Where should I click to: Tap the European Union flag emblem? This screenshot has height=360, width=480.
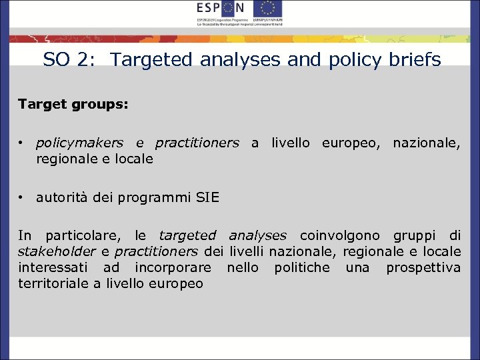coord(268,9)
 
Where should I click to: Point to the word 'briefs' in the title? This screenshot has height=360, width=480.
coord(417,60)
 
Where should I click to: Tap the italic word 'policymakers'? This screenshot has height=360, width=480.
coord(79,143)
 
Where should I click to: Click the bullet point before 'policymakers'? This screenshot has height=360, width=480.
coord(22,143)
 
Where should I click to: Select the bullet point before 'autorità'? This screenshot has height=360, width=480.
coord(22,197)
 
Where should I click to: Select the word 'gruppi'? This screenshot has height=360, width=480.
coord(416,235)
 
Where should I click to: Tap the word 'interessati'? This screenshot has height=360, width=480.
coord(55,267)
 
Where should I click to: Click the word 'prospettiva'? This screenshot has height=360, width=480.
coord(423,267)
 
